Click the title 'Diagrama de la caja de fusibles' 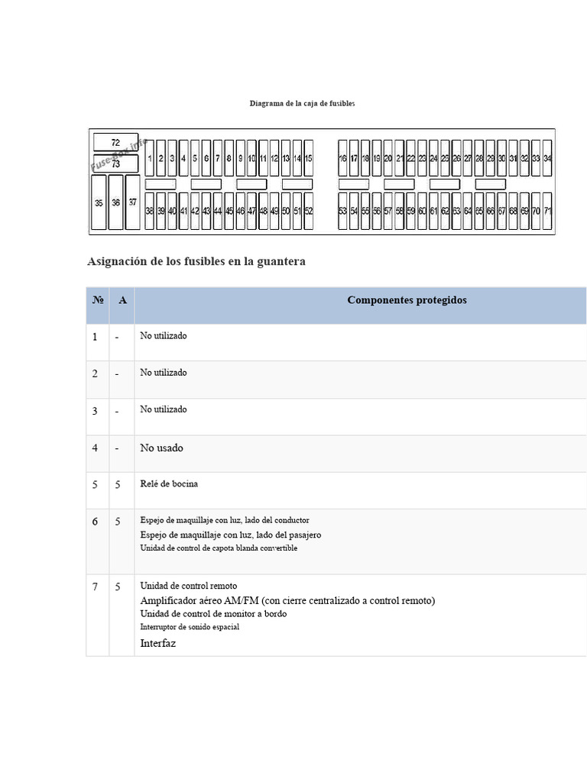click(x=302, y=103)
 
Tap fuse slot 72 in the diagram click(x=115, y=143)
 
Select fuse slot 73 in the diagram click(x=115, y=163)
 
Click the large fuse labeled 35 click(x=99, y=202)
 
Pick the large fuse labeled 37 click(x=133, y=202)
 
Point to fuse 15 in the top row click(x=308, y=158)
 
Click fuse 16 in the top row click(x=342, y=158)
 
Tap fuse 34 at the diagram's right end click(x=547, y=158)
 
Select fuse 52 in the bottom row click(x=308, y=211)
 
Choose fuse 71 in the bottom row click(x=547, y=211)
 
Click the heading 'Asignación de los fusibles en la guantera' click(x=196, y=261)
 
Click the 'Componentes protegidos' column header click(x=407, y=300)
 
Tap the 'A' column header click(x=122, y=300)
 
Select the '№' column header click(x=98, y=300)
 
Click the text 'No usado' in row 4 click(x=161, y=448)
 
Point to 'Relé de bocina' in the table click(x=169, y=484)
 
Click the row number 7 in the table click(x=96, y=587)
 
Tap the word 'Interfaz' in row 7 click(x=158, y=644)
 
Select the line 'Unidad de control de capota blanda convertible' click(x=219, y=548)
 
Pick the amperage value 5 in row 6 click(x=118, y=522)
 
